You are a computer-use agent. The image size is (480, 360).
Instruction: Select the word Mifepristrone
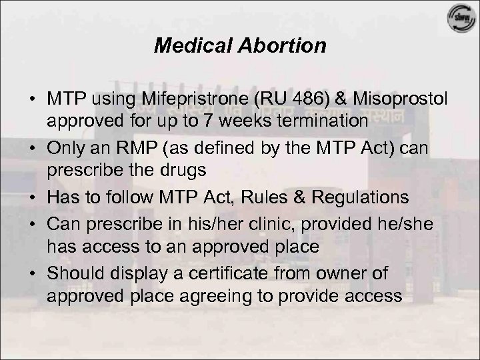coord(181,99)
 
